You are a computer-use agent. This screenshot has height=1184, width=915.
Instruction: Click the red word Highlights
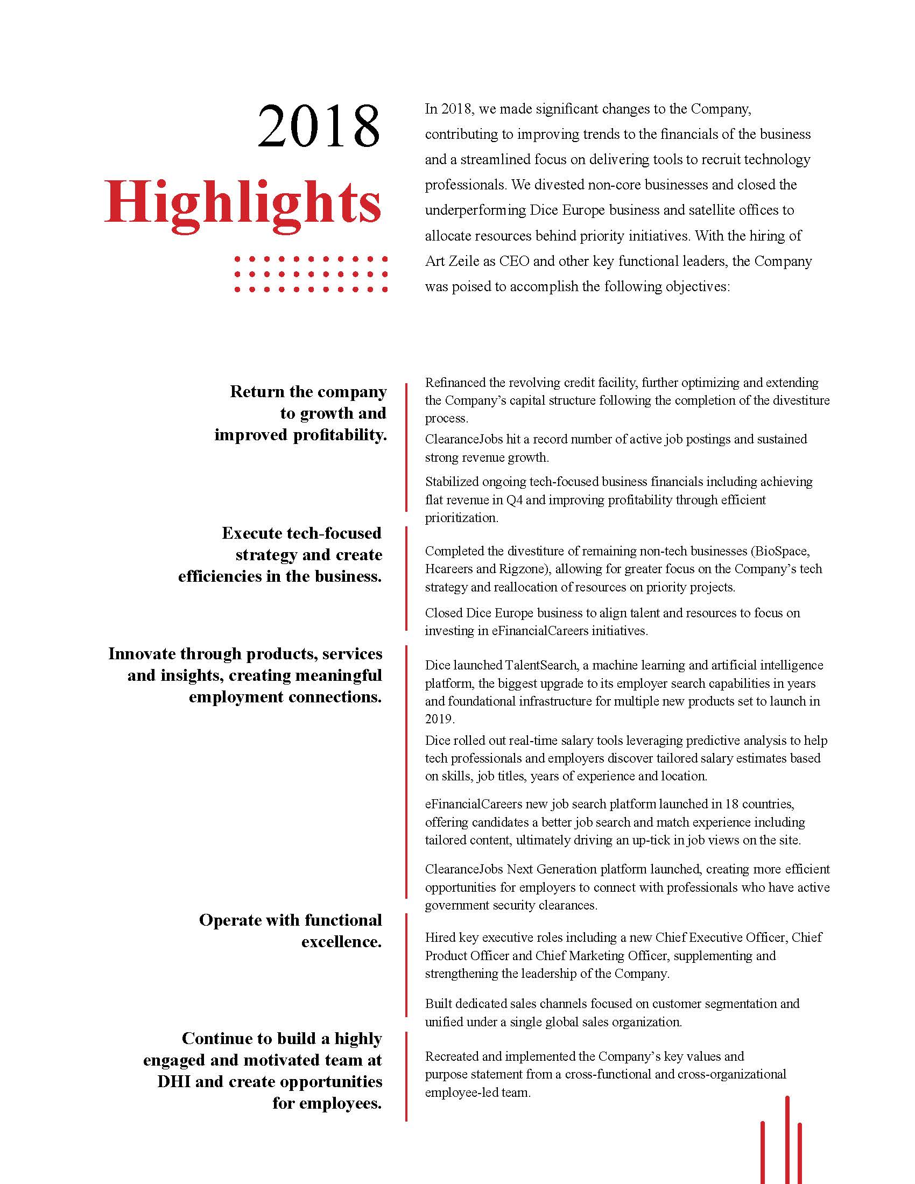click(x=243, y=203)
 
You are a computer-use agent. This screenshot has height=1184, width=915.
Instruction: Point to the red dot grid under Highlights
click(x=311, y=275)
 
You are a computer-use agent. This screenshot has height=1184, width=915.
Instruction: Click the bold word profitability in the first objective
click(x=339, y=435)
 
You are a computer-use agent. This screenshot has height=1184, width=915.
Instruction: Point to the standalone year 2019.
click(x=439, y=719)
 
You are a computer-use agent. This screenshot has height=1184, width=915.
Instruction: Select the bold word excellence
click(x=341, y=942)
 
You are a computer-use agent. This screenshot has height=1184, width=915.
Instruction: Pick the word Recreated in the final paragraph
click(x=456, y=1056)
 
